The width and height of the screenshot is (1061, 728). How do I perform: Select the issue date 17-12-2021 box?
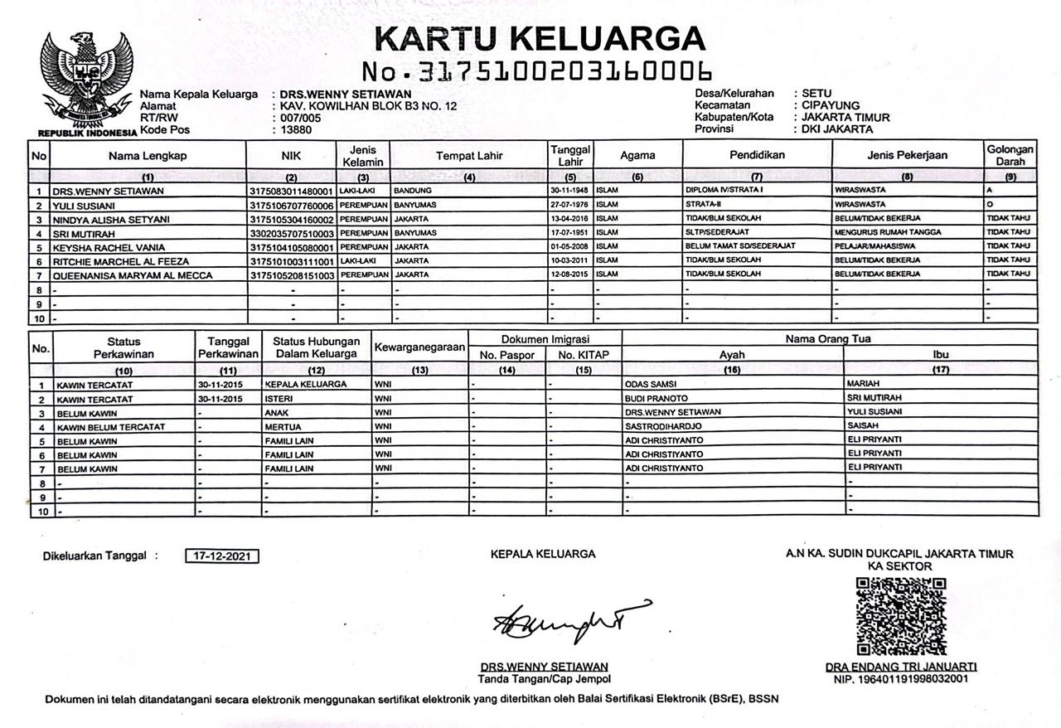tap(221, 556)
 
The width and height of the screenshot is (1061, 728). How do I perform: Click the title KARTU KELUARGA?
tap(540, 38)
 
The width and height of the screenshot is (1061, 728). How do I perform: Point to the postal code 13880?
tap(296, 129)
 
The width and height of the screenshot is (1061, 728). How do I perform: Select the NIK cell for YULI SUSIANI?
tap(291, 205)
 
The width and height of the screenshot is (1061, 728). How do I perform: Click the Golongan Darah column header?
tap(1010, 155)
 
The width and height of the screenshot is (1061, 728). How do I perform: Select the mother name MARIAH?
tap(864, 385)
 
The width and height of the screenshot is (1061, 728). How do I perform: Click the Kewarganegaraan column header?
tap(419, 348)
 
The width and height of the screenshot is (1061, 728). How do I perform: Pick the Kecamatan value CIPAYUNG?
tap(831, 105)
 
